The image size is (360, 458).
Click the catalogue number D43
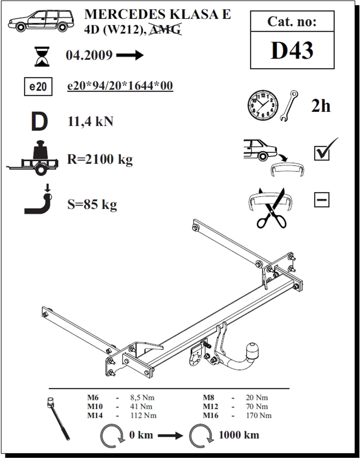[x=292, y=50]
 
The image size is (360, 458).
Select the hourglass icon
[x=42, y=57]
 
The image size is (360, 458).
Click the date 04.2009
[x=89, y=55]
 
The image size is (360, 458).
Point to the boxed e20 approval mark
[x=38, y=87]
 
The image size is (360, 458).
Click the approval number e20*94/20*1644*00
[x=120, y=86]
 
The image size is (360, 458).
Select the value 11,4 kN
[x=90, y=122]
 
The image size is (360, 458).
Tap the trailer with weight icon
[x=32, y=158]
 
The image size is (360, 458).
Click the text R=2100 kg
[x=100, y=159]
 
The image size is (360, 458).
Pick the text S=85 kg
[x=92, y=204]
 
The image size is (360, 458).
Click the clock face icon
[x=263, y=105]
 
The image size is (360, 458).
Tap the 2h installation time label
[x=321, y=106]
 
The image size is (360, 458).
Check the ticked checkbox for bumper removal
[x=322, y=153]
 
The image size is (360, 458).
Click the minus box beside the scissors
[x=322, y=200]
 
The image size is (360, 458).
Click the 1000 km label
[x=239, y=435]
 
